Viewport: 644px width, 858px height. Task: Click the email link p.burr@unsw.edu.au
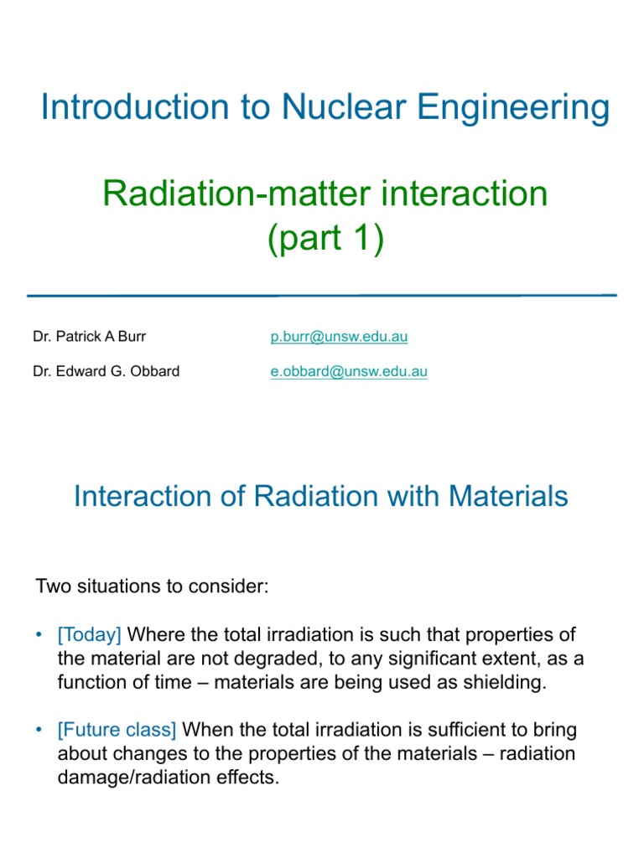[339, 337]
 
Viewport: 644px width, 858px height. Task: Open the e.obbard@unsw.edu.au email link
[349, 371]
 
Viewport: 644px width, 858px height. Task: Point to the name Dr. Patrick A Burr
[90, 337]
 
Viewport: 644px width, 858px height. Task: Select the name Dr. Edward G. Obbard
[106, 371]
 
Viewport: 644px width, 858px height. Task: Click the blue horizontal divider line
[322, 295]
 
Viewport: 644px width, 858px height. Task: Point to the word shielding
[503, 682]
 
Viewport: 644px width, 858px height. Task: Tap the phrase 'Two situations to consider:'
[152, 586]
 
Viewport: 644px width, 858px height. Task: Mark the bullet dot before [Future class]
[39, 730]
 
